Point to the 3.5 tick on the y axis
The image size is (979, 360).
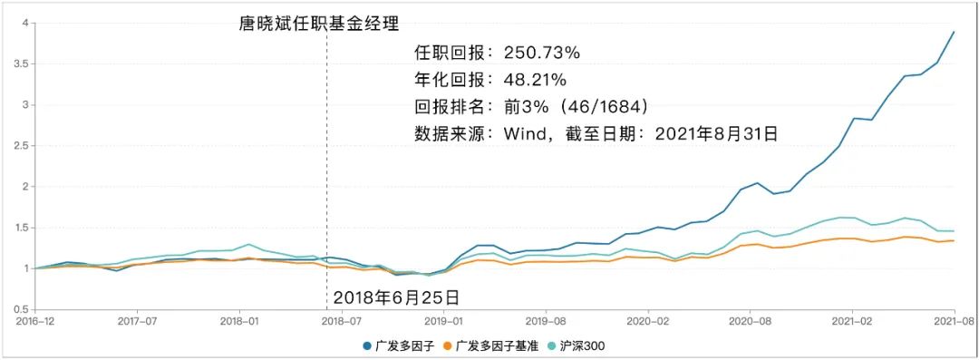(21, 63)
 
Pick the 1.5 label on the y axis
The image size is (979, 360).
(21, 228)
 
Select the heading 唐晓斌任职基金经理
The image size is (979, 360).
(318, 24)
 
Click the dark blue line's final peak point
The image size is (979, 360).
(954, 33)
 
